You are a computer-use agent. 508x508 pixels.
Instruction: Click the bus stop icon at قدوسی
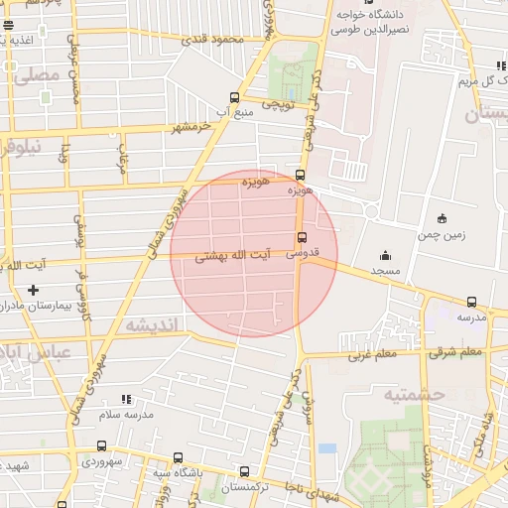302,237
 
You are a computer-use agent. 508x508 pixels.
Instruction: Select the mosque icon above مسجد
385,256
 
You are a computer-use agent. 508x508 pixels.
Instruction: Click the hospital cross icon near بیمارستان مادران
34,290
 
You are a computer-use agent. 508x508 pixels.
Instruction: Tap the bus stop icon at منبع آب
234,98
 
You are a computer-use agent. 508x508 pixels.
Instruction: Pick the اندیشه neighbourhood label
152,324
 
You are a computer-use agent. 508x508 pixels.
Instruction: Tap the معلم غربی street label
371,353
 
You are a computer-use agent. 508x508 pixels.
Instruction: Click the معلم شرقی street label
457,351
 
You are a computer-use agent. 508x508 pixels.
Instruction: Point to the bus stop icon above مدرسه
471,303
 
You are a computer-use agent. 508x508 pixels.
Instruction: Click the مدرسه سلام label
133,414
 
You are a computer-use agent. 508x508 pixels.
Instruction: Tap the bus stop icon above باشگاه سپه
178,458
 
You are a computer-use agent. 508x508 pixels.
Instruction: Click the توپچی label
278,103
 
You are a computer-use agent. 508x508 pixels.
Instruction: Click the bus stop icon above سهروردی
101,446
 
